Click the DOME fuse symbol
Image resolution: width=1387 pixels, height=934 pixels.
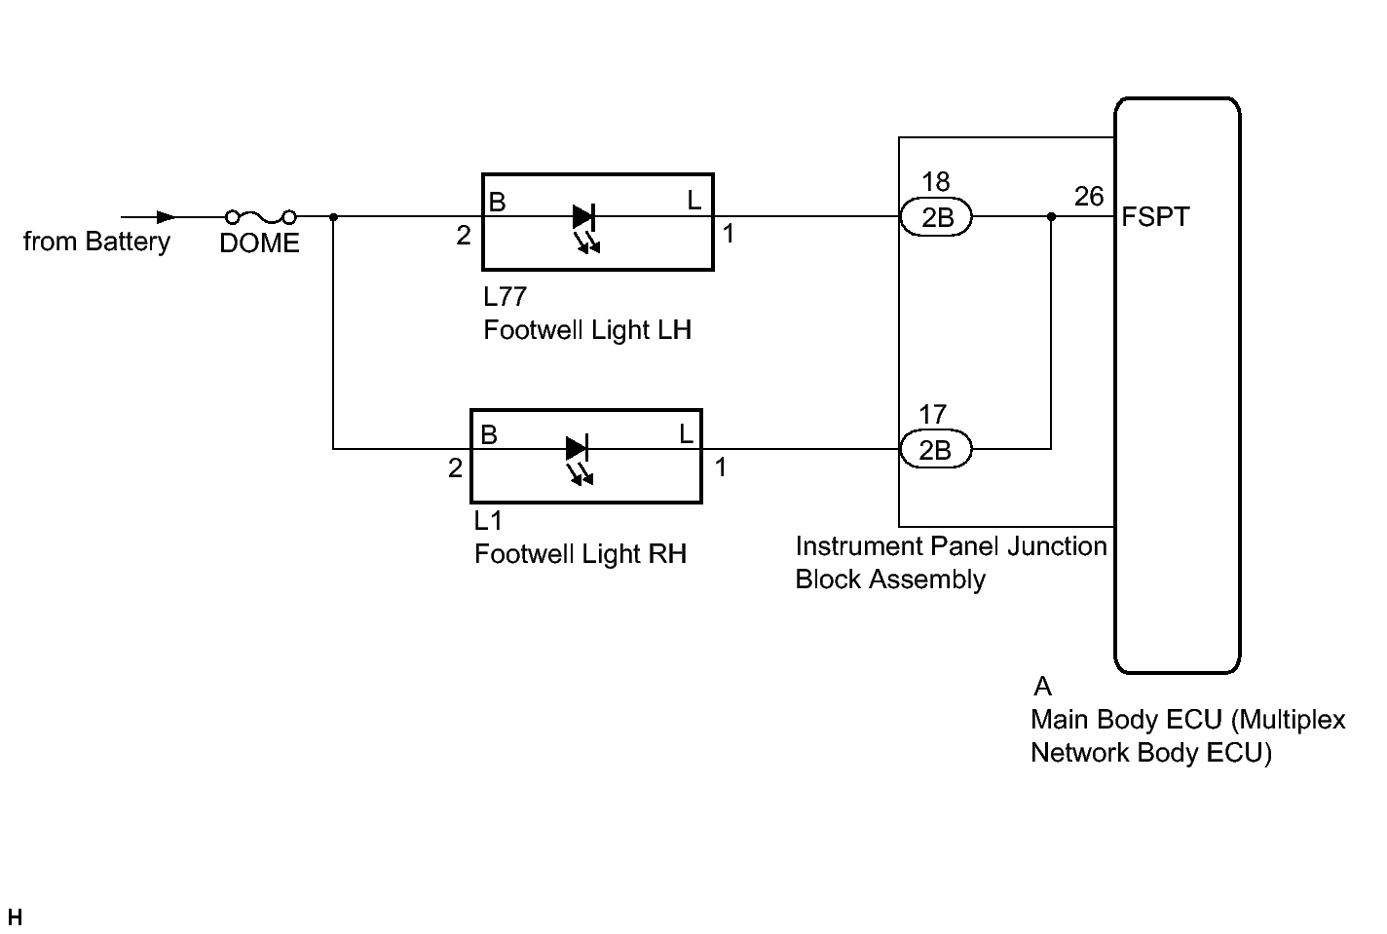pyautogui.click(x=260, y=217)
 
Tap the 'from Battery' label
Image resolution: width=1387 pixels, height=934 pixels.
pyautogui.click(x=96, y=242)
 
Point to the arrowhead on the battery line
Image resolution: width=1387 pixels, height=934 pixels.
pyautogui.click(x=166, y=217)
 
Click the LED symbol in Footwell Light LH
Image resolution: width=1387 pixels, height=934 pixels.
pyautogui.click(x=584, y=217)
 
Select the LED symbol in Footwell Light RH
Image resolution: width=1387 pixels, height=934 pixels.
pyautogui.click(x=577, y=449)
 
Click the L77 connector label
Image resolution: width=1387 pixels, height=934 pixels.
pyautogui.click(x=505, y=296)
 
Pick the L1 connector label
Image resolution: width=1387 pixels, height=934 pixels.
pyautogui.click(x=488, y=520)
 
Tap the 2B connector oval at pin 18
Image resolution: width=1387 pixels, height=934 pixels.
pyautogui.click(x=936, y=217)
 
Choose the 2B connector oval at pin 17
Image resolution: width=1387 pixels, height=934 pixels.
pyautogui.click(x=935, y=449)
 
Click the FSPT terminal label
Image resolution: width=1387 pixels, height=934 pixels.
pyautogui.click(x=1155, y=216)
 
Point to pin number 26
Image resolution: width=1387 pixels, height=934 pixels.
pyautogui.click(x=1089, y=197)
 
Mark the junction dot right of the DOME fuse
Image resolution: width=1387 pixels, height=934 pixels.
pyautogui.click(x=333, y=217)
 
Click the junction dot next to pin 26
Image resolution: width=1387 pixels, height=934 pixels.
pyautogui.click(x=1051, y=217)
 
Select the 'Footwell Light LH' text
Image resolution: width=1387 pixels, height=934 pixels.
pyautogui.click(x=587, y=330)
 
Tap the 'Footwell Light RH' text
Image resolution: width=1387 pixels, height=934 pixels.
pyautogui.click(x=581, y=554)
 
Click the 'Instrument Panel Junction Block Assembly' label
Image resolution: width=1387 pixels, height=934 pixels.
pyautogui.click(x=951, y=563)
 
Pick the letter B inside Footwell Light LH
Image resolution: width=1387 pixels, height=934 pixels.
pyautogui.click(x=497, y=203)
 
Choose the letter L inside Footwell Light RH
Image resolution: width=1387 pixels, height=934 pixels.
pyautogui.click(x=686, y=434)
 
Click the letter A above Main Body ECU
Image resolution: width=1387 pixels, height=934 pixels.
pyautogui.click(x=1043, y=687)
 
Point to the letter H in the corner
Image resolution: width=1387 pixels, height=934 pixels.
pyautogui.click(x=14, y=917)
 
